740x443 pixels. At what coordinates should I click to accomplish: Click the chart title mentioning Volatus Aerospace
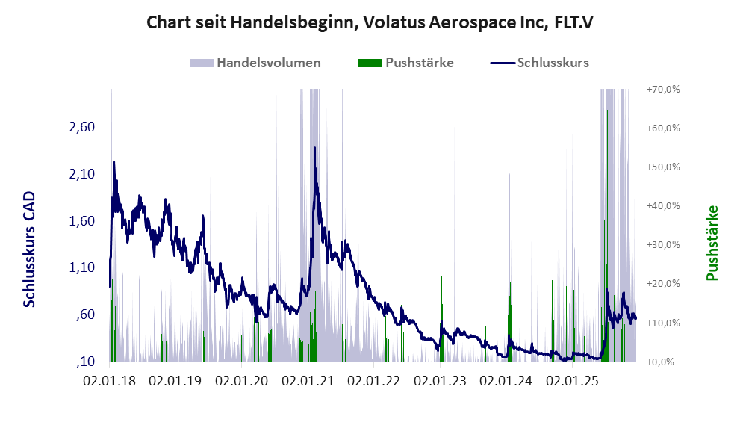pos(370,23)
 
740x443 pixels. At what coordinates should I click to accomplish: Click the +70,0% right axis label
pos(663,89)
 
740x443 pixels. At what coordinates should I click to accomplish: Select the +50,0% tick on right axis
pos(663,167)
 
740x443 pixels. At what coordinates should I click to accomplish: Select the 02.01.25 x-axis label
pos(572,381)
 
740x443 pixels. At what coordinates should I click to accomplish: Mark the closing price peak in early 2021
pos(315,148)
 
